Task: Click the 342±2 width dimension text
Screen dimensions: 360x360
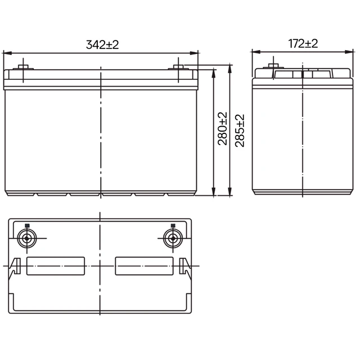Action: [x=102, y=44]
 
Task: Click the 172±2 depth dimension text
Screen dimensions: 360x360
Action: [x=303, y=44]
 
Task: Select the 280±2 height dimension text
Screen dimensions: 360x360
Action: [x=222, y=129]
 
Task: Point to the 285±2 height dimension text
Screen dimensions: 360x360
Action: [x=240, y=130]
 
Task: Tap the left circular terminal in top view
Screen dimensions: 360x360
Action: [x=27, y=238]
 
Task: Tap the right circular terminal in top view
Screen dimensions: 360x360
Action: [x=173, y=238]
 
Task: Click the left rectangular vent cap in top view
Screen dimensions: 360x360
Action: [x=56, y=266]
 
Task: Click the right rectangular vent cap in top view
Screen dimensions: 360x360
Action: [x=144, y=266]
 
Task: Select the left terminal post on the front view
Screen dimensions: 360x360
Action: [x=23, y=67]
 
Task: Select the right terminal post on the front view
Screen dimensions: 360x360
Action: [x=178, y=67]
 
